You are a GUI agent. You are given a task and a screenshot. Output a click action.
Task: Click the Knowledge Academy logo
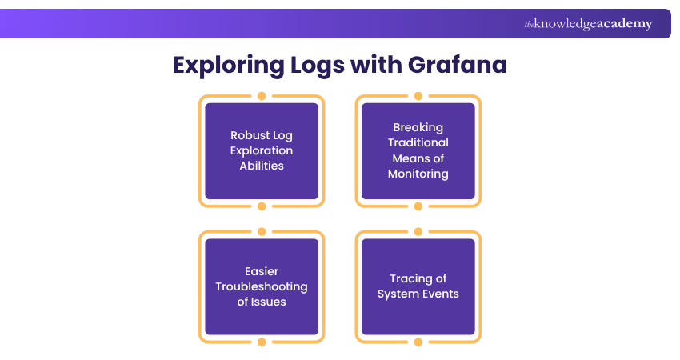588,24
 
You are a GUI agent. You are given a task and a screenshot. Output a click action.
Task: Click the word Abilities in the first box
262,166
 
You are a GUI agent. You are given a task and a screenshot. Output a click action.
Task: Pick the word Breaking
418,127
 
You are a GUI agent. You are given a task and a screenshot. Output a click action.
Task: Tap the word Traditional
418,142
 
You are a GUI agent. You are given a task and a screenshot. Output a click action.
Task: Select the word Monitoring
418,173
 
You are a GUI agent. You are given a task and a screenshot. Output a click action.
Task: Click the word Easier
262,271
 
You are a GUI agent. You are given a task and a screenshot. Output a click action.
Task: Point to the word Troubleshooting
262,286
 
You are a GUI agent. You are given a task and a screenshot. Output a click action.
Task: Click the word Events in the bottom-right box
439,294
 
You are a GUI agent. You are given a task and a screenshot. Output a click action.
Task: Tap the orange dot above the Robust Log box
262,96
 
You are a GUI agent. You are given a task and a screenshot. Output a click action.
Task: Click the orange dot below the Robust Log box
262,206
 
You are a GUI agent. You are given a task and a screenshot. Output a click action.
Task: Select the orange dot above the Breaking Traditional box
418,96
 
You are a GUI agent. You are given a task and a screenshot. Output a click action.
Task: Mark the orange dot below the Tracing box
418,342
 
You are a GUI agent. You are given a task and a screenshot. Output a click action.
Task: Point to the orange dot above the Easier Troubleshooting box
262,232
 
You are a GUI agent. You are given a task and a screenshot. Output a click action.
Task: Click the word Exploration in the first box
262,150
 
